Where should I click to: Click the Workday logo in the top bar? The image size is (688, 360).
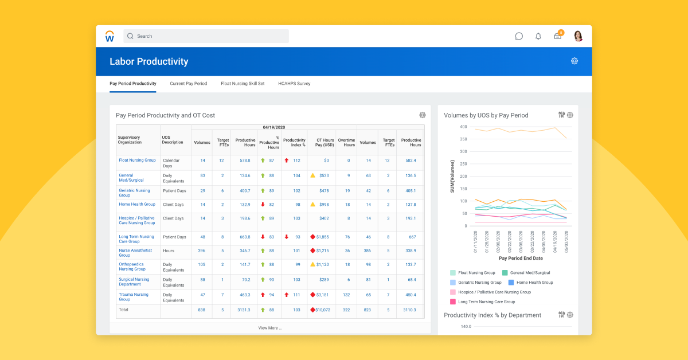pyautogui.click(x=110, y=36)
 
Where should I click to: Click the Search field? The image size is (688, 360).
pyautogui.click(x=206, y=36)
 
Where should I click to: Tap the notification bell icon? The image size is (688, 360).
pyautogui.click(x=538, y=36)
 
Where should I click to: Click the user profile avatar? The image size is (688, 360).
pyautogui.click(x=578, y=36)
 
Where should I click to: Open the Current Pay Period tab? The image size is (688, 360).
pyautogui.click(x=188, y=84)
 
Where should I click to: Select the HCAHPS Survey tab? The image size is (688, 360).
pyautogui.click(x=294, y=84)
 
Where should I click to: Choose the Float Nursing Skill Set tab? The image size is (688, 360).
pyautogui.click(x=243, y=84)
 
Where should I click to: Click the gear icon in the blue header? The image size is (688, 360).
pyautogui.click(x=574, y=61)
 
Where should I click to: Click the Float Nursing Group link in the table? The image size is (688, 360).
pyautogui.click(x=137, y=161)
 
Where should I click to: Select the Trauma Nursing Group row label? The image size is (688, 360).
pyautogui.click(x=133, y=297)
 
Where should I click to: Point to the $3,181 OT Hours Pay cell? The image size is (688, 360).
pyautogui.click(x=322, y=295)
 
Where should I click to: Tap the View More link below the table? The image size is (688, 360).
pyautogui.click(x=270, y=328)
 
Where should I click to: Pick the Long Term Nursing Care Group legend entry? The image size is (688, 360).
pyautogui.click(x=486, y=302)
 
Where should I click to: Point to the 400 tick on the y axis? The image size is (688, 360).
pyautogui.click(x=463, y=126)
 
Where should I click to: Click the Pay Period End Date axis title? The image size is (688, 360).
pyautogui.click(x=521, y=259)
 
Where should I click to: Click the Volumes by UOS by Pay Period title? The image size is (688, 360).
pyautogui.click(x=486, y=115)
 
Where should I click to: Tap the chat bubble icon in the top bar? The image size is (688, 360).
pyautogui.click(x=519, y=36)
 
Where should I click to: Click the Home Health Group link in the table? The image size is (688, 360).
pyautogui.click(x=136, y=204)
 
